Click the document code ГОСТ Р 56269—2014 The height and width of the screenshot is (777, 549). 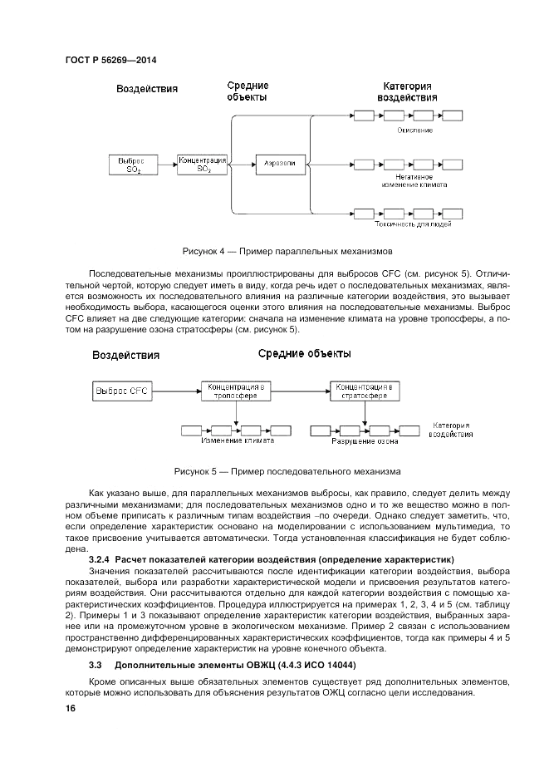tap(110, 61)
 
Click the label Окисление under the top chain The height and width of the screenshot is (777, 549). tap(415, 130)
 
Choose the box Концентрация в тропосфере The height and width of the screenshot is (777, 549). tap(237, 390)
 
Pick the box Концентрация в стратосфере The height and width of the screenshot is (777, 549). tap(365, 390)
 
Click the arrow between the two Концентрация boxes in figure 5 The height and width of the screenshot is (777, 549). tap(301, 390)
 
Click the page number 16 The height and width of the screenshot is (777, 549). tap(71, 708)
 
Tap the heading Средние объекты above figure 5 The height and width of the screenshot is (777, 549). tap(304, 354)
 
